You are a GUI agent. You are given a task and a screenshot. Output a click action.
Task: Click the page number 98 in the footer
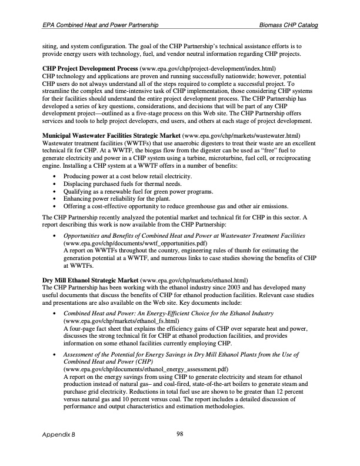tap(180, 435)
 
